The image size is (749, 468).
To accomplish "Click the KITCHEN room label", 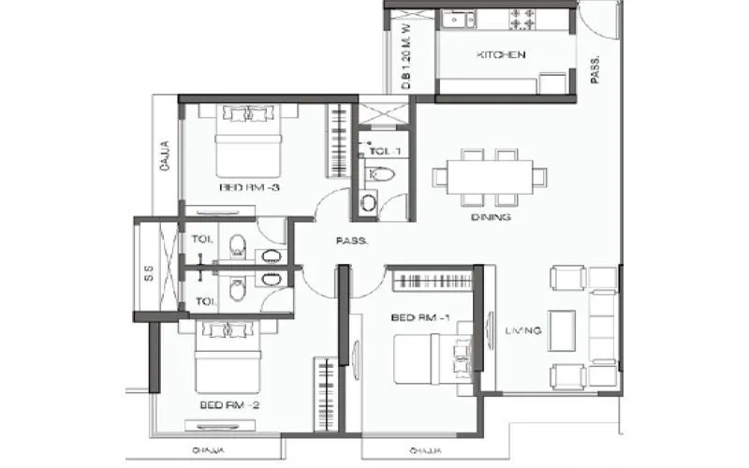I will tap(502, 56).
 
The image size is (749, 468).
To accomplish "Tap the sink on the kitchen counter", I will tap(456, 18).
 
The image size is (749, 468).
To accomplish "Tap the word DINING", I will tap(492, 217).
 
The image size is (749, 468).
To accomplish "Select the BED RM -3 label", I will tap(250, 187).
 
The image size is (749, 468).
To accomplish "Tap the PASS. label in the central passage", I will tap(352, 241).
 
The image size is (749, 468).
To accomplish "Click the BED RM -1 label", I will tap(421, 318).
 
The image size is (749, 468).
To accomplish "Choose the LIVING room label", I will tap(521, 330).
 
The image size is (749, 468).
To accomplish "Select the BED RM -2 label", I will tap(228, 405).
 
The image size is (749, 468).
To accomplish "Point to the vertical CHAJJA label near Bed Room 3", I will tap(165, 156).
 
